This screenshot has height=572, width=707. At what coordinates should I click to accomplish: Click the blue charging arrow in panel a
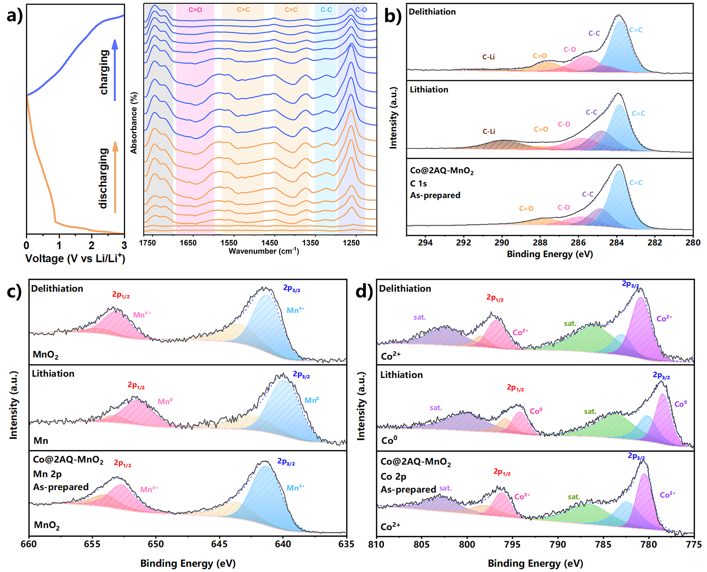pyautogui.click(x=115, y=71)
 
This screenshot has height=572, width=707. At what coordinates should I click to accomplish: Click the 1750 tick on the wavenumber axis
pyautogui.click(x=147, y=243)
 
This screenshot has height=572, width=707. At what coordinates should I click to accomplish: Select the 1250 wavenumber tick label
pyautogui.click(x=351, y=243)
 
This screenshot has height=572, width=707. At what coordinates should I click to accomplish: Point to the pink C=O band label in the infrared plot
pyautogui.click(x=195, y=10)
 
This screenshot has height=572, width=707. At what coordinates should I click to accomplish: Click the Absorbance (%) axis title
pyautogui.click(x=134, y=123)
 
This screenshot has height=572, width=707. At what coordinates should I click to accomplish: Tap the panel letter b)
pyautogui.click(x=393, y=16)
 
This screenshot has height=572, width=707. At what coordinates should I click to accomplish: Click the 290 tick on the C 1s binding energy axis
pyautogui.click(x=502, y=243)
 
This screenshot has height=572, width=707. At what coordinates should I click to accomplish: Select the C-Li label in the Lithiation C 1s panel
pyautogui.click(x=489, y=131)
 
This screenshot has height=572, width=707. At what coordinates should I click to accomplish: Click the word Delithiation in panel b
pyautogui.click(x=432, y=12)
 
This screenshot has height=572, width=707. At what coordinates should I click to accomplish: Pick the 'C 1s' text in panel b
pyautogui.click(x=418, y=183)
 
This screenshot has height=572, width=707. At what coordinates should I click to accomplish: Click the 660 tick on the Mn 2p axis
pyautogui.click(x=29, y=544)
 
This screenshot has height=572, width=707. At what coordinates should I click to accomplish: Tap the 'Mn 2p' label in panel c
pyautogui.click(x=47, y=474)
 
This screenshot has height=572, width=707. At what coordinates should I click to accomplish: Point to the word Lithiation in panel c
pyautogui.click(x=53, y=373)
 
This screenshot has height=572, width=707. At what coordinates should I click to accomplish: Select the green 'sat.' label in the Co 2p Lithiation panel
pyautogui.click(x=590, y=411)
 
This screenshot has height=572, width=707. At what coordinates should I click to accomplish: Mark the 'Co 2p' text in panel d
pyautogui.click(x=393, y=476)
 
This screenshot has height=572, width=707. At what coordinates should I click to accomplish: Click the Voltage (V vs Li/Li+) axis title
pyautogui.click(x=75, y=258)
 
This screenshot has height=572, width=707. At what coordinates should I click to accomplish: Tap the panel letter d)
pyautogui.click(x=364, y=292)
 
